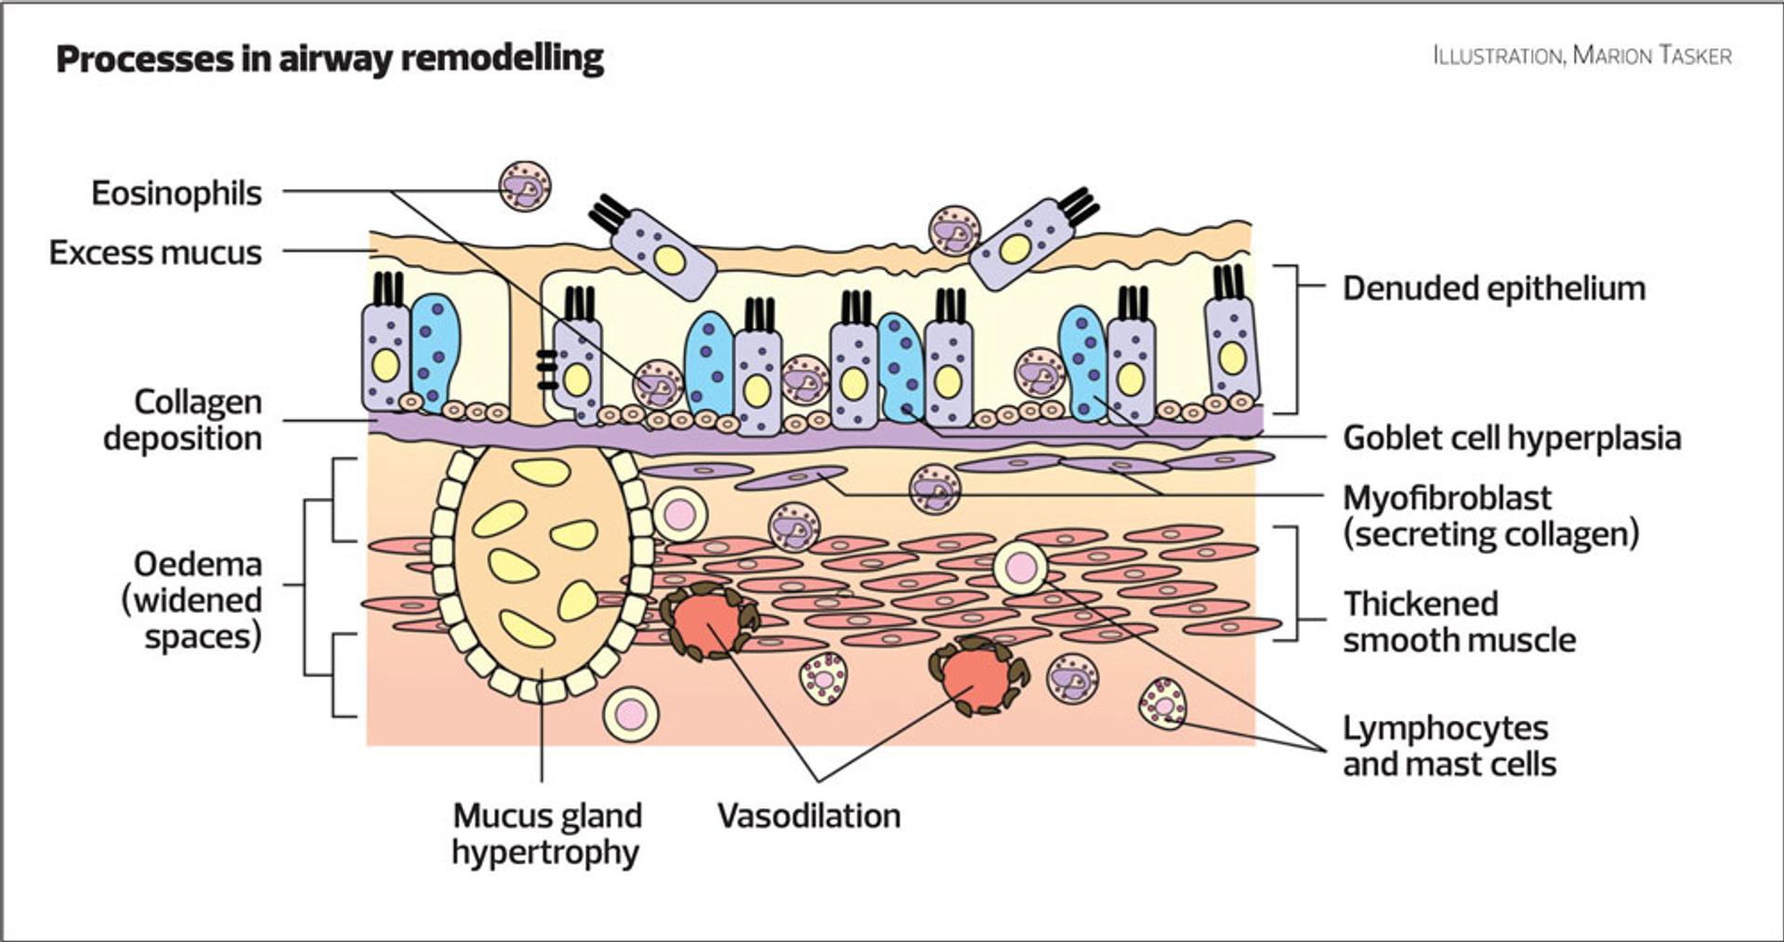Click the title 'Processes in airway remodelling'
pyautogui.click(x=330, y=59)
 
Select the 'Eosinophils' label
pyautogui.click(x=177, y=193)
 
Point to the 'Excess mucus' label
pyautogui.click(x=155, y=253)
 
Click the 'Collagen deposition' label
pyautogui.click(x=183, y=420)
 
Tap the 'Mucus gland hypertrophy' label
pyautogui.click(x=546, y=833)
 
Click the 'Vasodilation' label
pyautogui.click(x=808, y=816)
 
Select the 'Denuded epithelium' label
pyautogui.click(x=1493, y=289)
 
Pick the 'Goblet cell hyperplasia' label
pyautogui.click(x=1512, y=438)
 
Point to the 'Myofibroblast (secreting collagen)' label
pyautogui.click(x=1490, y=516)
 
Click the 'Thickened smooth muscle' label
pyautogui.click(x=1459, y=621)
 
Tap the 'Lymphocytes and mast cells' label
pyautogui.click(x=1449, y=746)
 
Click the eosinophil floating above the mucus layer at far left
pyautogui.click(x=525, y=186)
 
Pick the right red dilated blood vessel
pyautogui.click(x=978, y=675)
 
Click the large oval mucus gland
pyautogui.click(x=542, y=567)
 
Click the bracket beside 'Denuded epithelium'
pyautogui.click(x=1288, y=339)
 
